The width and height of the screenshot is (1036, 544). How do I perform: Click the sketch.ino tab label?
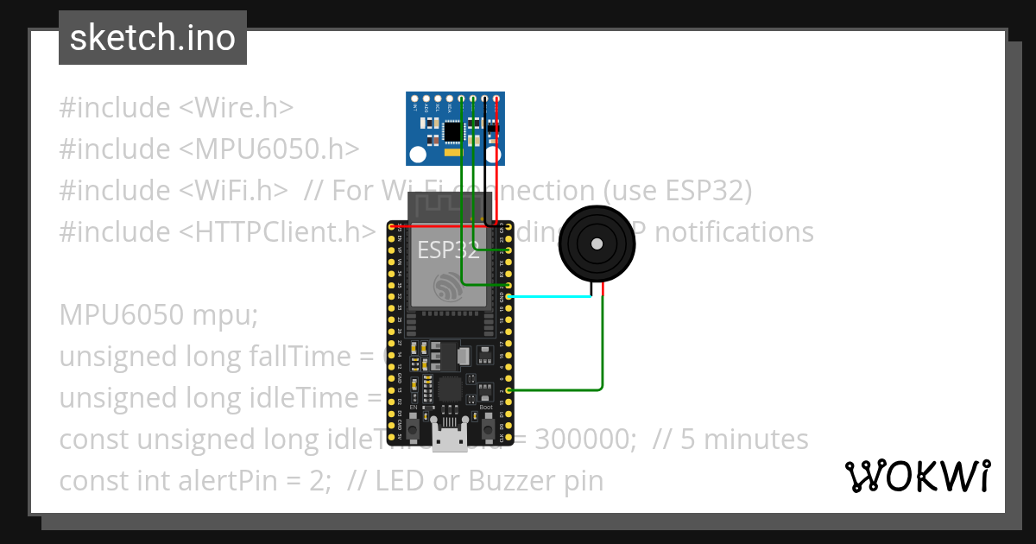click(153, 38)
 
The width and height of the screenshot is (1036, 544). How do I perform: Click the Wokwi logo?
click(918, 476)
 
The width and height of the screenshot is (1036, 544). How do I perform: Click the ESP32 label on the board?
click(449, 251)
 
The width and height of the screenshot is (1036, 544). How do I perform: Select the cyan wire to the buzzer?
click(553, 296)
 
